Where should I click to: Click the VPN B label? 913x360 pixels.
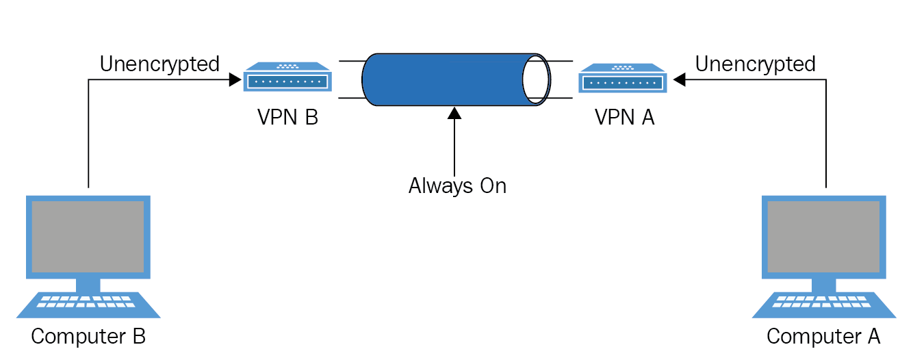(287, 117)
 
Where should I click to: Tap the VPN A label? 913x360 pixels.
(624, 117)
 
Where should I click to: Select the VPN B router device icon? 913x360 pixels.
(287, 77)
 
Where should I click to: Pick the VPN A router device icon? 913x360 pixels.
(623, 78)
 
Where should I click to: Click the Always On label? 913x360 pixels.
(457, 186)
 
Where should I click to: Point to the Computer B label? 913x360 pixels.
(88, 336)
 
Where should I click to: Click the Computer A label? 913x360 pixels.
(823, 336)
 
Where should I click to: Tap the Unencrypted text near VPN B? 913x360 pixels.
(159, 64)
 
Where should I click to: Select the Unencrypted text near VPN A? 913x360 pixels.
(756, 64)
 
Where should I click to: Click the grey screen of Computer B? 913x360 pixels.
(88, 237)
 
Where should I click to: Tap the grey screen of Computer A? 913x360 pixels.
(824, 237)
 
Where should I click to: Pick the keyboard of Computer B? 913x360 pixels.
(88, 305)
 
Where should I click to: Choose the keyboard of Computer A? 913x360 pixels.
(824, 305)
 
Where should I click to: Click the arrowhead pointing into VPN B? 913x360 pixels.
(235, 79)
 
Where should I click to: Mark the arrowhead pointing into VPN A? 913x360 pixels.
(679, 79)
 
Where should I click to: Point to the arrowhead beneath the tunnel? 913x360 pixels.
(454, 113)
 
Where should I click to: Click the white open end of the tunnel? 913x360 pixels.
(536, 79)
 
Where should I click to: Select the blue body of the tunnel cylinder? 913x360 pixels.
(444, 79)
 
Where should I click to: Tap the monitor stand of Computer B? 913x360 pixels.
(88, 285)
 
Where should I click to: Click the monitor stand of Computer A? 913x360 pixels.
(824, 285)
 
